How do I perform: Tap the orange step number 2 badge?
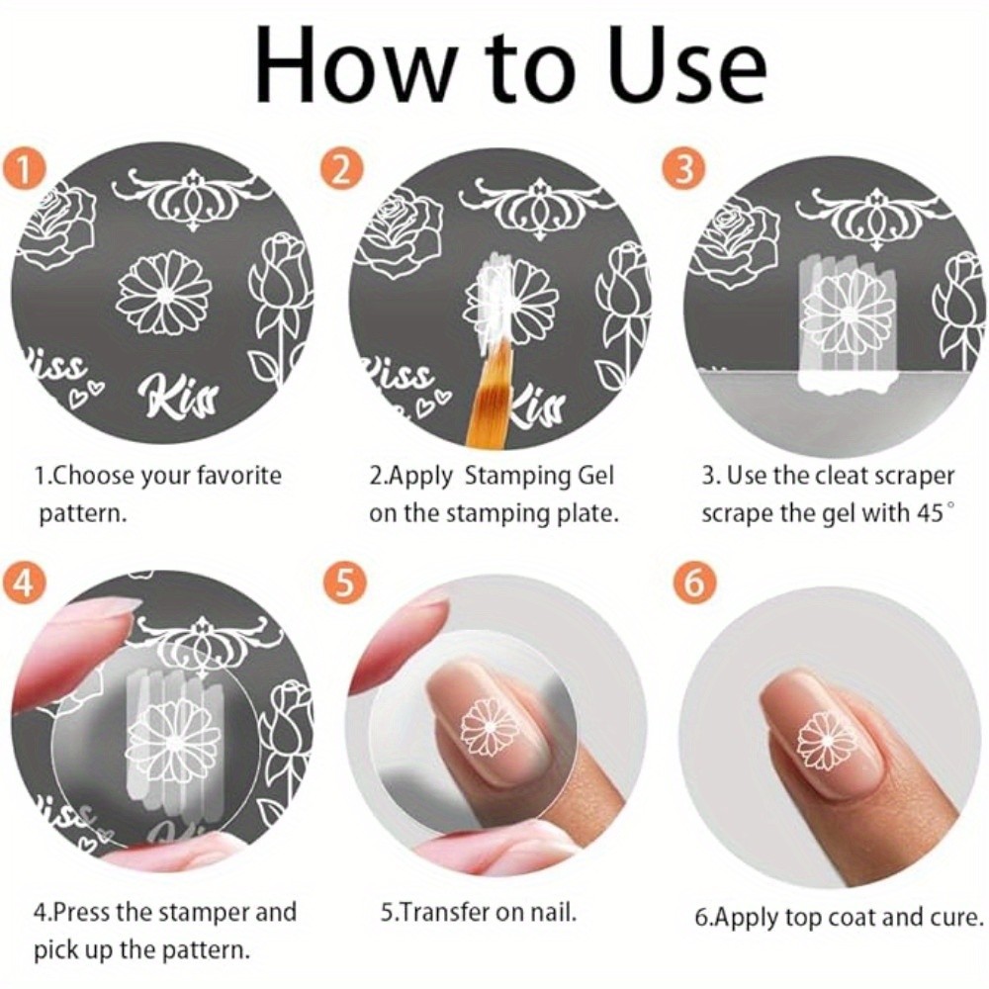341,170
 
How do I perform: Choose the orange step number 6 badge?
693,584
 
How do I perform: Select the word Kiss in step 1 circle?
177,398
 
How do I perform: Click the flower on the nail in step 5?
490,730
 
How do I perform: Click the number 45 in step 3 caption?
931,513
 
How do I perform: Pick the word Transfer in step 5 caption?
440,912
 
